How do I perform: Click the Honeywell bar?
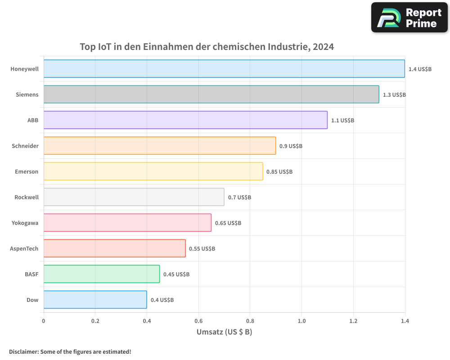click(224, 69)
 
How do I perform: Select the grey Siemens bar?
click(211, 94)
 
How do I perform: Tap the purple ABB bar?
click(185, 120)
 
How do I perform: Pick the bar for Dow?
click(95, 300)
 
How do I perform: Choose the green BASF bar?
click(102, 274)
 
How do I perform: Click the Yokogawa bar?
click(127, 223)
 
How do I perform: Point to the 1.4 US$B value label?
click(420, 69)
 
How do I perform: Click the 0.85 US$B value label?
click(279, 172)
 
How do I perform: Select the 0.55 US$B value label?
click(202, 249)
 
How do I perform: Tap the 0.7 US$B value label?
click(239, 198)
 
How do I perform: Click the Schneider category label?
click(25, 146)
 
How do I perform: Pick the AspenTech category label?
click(24, 248)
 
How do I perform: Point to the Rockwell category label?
click(27, 197)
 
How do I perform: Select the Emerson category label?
click(27, 171)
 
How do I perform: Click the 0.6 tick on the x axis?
click(198, 321)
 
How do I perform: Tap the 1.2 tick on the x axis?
click(353, 321)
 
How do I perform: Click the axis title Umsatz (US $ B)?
click(224, 332)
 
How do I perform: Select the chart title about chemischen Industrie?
click(207, 47)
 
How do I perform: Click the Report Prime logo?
click(409, 18)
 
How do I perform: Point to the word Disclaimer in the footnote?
click(23, 352)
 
